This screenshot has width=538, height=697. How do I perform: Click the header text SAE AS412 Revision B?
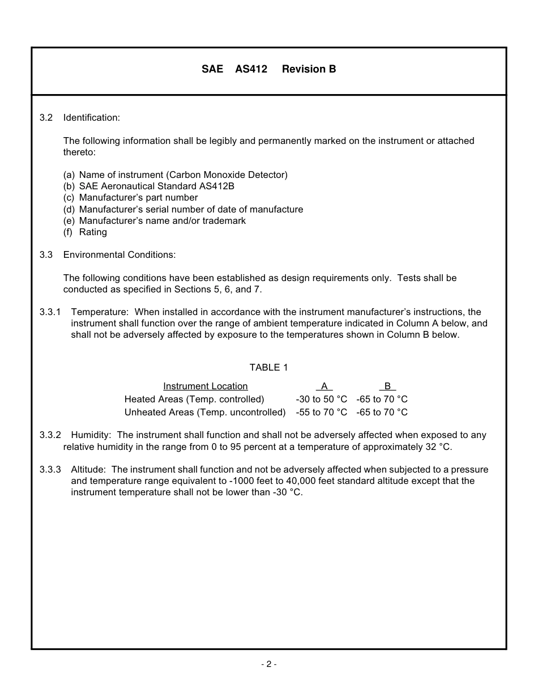268,69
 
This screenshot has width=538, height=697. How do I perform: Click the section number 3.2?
46,118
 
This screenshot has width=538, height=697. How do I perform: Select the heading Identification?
91,118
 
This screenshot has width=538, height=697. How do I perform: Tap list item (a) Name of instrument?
175,175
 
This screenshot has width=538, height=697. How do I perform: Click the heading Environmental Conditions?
119,255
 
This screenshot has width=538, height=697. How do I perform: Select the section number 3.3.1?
50,312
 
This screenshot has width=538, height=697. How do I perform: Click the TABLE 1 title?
268,368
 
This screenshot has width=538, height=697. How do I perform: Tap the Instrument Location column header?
205,386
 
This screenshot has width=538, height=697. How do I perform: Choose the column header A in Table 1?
324,386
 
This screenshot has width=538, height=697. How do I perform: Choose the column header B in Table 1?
387,386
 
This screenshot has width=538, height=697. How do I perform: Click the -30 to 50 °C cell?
321,399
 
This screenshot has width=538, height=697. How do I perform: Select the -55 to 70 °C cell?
321,413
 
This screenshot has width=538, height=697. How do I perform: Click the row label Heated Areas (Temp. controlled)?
194,399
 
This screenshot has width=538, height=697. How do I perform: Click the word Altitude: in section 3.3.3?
88,470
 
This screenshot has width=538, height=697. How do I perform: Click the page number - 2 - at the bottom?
268,664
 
